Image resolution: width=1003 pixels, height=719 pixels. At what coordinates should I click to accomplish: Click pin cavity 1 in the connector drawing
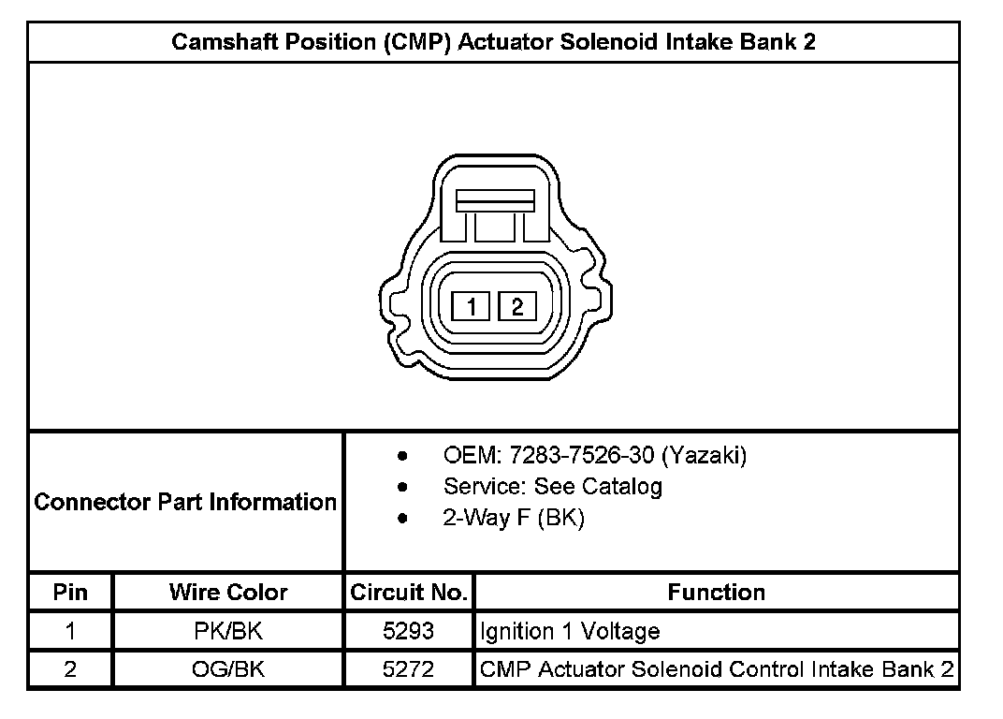pos(472,306)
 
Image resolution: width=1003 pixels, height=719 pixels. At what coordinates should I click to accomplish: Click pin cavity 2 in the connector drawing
pos(516,306)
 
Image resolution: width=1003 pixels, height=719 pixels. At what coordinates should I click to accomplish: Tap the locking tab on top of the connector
pos(494,199)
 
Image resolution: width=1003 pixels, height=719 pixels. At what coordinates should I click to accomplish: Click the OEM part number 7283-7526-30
pos(580,456)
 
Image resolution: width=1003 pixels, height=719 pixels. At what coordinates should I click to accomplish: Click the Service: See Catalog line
pos(552,487)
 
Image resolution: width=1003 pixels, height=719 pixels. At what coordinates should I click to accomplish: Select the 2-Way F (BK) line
pos(514,518)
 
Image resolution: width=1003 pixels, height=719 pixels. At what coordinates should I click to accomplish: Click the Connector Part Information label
pos(185,502)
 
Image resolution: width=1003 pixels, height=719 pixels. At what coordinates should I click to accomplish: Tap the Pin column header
pos(71,593)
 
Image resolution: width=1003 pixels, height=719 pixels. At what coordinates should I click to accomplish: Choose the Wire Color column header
pos(228,593)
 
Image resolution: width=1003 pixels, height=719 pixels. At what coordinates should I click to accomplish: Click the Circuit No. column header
pos(409,593)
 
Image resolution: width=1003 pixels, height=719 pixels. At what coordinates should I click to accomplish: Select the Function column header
pos(716,593)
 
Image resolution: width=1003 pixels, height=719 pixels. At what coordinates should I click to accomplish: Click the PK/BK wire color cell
pos(228,632)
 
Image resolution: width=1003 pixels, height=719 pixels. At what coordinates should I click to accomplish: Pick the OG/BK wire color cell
pos(228,669)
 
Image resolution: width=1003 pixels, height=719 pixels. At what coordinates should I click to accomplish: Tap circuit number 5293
pos(409,632)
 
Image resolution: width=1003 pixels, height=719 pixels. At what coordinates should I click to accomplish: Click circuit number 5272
pos(409,669)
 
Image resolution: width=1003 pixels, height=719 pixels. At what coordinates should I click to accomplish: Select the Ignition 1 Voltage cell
pos(570,632)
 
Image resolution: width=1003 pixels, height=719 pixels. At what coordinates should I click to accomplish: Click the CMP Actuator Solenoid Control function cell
pos(716,669)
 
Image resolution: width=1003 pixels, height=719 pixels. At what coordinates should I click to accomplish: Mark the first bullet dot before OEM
pos(402,457)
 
